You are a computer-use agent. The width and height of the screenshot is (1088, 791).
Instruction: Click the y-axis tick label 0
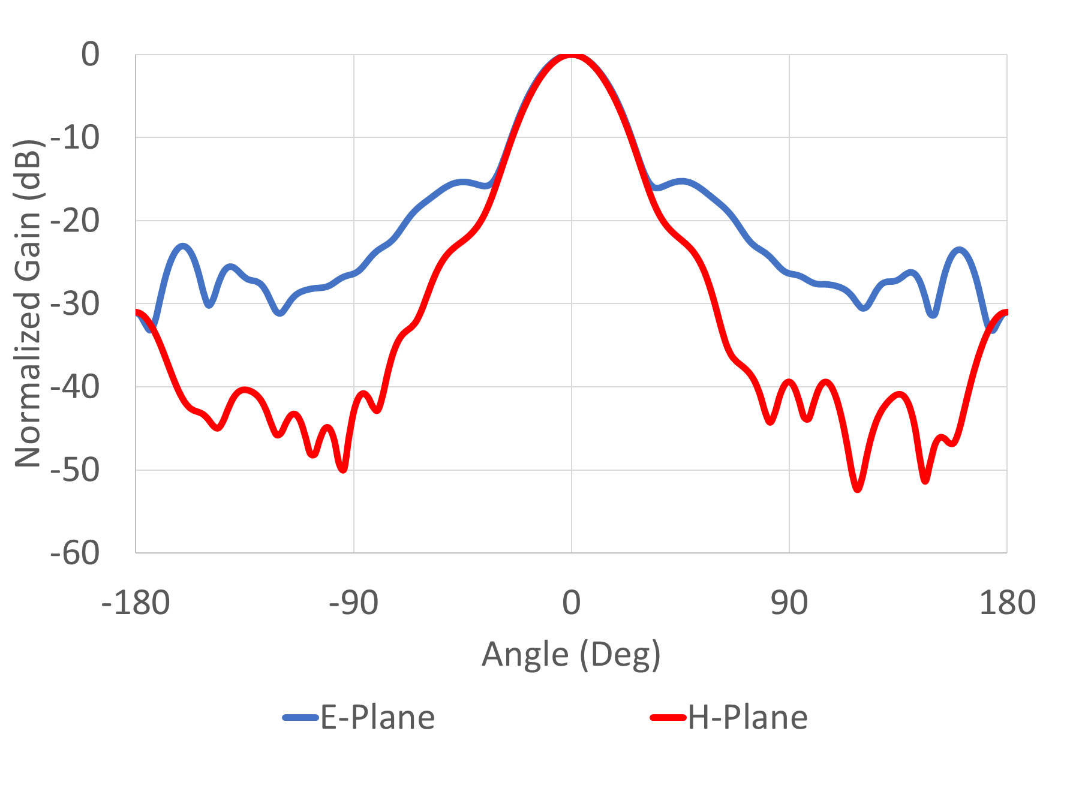91,55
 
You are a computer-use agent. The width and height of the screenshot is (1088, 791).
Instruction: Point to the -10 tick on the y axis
75,138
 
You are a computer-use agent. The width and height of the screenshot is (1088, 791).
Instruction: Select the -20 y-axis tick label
75,221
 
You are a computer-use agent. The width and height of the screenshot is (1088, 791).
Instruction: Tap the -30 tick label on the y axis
75,304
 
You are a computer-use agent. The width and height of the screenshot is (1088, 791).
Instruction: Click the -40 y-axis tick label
75,387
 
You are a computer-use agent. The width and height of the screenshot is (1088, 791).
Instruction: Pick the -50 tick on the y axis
75,470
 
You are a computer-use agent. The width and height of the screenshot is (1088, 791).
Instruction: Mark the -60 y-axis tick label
75,553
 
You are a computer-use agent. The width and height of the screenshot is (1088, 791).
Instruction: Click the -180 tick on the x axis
136,603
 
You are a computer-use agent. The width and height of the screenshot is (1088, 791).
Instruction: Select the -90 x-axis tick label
353,603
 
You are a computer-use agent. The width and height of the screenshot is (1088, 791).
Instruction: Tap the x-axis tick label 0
572,603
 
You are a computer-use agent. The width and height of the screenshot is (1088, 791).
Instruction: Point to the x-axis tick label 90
789,603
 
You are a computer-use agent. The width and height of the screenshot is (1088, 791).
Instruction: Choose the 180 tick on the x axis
1007,603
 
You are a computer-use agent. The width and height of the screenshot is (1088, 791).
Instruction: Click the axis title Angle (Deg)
571,655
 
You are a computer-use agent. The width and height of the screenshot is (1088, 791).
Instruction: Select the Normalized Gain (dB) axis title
28,303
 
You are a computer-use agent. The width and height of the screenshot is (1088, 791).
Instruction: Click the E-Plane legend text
378,717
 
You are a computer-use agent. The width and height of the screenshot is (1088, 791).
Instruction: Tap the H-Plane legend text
747,717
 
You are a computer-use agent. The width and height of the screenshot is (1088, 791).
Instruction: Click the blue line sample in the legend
300,717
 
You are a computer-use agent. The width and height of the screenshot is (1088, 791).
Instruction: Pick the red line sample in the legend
668,717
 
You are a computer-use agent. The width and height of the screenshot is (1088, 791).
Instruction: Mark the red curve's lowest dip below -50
858,489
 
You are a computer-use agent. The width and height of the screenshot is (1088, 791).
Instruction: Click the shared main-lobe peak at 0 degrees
572,56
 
